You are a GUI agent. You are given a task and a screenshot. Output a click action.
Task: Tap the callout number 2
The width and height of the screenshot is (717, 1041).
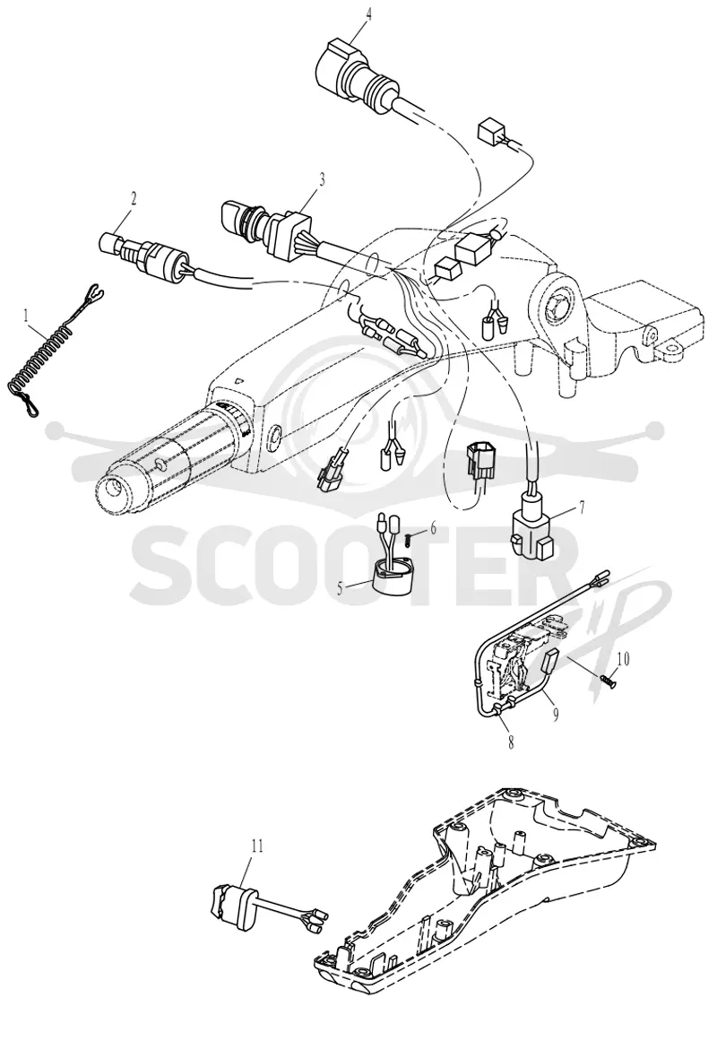click(x=134, y=198)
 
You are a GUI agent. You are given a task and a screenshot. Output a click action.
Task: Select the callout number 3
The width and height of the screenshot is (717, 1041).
click(x=323, y=178)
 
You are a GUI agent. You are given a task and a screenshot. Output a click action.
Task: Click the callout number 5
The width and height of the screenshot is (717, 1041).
click(x=341, y=587)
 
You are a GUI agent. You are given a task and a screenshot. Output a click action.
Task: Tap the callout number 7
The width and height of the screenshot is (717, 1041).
click(x=582, y=507)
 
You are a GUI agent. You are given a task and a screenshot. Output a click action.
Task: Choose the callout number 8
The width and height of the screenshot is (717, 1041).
click(x=511, y=743)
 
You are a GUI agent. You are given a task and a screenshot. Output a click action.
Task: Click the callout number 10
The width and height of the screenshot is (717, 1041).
click(x=623, y=659)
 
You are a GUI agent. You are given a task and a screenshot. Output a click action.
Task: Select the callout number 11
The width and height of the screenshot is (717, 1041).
click(x=257, y=846)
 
